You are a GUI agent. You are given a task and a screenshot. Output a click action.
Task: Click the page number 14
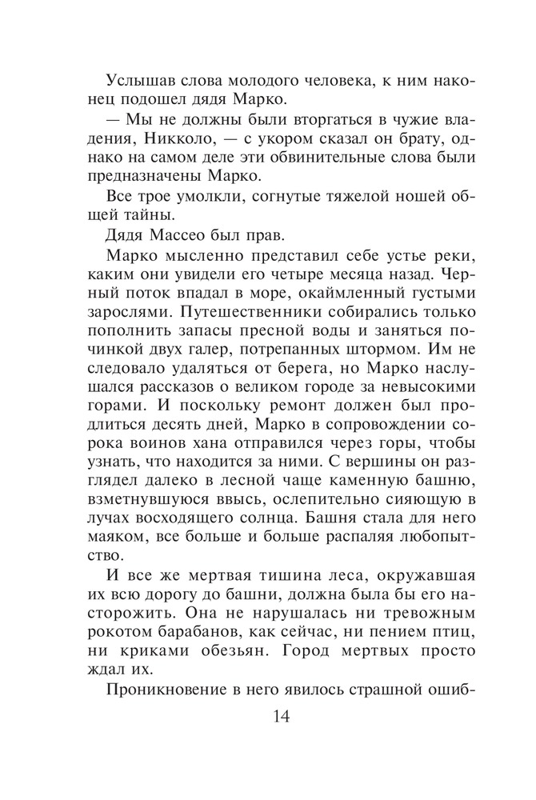click(268, 715)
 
